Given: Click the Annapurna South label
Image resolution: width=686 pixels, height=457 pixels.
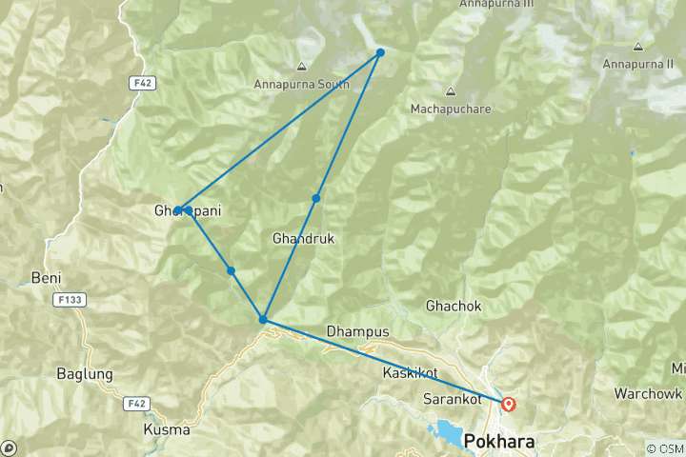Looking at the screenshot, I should pyautogui.click(x=301, y=84).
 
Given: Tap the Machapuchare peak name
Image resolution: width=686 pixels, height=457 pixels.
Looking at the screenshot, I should pyautogui.click(x=451, y=109).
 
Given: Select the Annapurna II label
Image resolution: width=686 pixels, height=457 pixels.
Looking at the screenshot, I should pyautogui.click(x=638, y=64).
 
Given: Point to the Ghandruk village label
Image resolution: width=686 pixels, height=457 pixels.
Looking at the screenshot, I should pyautogui.click(x=303, y=236).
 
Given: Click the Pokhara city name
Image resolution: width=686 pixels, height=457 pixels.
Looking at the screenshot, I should pyautogui.click(x=499, y=443).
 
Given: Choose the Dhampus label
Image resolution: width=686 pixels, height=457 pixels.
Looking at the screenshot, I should pyautogui.click(x=358, y=330).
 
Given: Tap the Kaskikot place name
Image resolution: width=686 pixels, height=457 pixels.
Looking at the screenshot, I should pyautogui.click(x=410, y=372).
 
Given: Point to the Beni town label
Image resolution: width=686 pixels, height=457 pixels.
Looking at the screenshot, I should pyautogui.click(x=47, y=277).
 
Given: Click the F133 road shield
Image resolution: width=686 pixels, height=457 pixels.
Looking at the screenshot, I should pyautogui.click(x=66, y=299).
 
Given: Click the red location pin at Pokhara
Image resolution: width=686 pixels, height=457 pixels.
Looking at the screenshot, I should pyautogui.click(x=509, y=404).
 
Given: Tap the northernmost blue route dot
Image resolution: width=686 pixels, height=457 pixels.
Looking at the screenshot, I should pyautogui.click(x=380, y=52).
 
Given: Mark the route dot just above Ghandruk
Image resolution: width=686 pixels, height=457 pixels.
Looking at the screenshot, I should pyautogui.click(x=316, y=198).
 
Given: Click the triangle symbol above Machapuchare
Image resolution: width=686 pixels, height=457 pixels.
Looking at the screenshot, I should pyautogui.click(x=451, y=92).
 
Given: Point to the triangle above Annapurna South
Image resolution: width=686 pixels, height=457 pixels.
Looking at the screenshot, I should pyautogui.click(x=301, y=67).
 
